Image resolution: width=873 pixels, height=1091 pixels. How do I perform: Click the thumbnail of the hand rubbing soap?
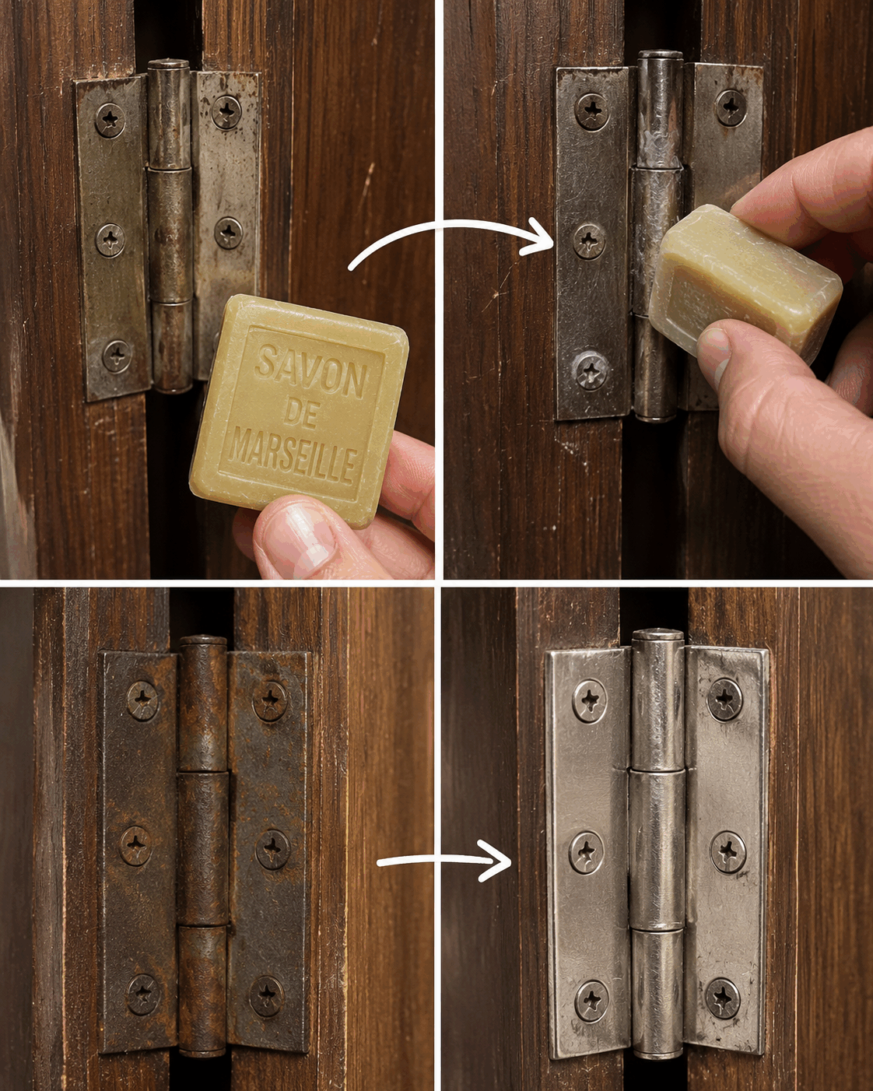(714, 355)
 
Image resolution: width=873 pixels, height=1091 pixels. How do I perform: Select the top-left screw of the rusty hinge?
(142, 701)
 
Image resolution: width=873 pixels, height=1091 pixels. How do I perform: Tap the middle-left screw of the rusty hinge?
(135, 846)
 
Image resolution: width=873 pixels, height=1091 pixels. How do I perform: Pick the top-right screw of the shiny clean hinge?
(725, 700)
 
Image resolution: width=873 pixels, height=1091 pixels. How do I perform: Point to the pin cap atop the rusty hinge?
(203, 640)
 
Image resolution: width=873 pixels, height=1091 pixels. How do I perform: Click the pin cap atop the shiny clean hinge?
(658, 634)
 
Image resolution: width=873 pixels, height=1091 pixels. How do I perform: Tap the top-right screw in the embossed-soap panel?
(226, 112)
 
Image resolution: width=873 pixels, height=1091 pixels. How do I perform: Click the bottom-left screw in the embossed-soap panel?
(117, 356)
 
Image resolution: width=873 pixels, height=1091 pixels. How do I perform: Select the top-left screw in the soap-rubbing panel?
(592, 111)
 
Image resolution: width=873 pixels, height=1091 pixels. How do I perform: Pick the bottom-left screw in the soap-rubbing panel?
(591, 372)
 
